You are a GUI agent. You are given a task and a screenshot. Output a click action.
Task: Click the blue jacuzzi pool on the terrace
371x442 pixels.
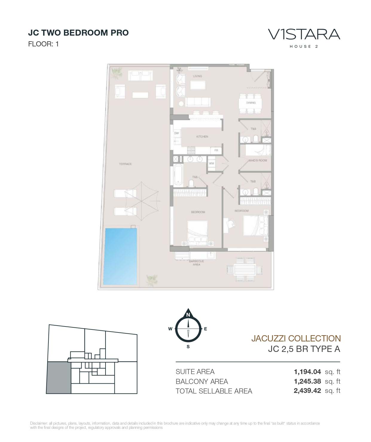[120, 256]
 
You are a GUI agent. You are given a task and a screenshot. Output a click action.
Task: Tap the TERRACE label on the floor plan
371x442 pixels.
[125, 164]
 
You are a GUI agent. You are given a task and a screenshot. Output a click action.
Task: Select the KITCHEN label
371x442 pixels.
[202, 136]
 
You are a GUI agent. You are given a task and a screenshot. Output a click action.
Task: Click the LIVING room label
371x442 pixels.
[197, 76]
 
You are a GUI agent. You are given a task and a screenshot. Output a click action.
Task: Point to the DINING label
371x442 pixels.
[251, 103]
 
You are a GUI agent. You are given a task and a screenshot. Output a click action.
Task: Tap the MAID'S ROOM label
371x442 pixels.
[258, 160]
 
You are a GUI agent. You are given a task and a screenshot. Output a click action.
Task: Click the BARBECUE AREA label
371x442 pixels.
[196, 263]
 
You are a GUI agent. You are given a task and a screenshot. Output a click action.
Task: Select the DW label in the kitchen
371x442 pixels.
[176, 133]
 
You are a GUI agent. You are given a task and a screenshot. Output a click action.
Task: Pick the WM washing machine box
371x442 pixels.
[211, 163]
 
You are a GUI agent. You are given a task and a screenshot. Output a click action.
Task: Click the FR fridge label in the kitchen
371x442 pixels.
[216, 150]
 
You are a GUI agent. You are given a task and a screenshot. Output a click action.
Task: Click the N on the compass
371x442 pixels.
[188, 315]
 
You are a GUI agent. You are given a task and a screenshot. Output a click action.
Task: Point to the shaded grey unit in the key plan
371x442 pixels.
[59, 377]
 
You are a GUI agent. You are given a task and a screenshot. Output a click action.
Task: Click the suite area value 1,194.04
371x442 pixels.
[307, 372]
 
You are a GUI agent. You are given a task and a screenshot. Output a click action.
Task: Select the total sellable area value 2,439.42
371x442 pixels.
[307, 391]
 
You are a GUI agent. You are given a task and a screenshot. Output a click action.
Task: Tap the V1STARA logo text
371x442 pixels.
[304, 34]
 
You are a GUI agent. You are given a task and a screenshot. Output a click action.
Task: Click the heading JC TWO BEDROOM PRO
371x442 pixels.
[78, 33]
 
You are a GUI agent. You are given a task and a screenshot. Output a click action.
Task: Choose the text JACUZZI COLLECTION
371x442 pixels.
[296, 338]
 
